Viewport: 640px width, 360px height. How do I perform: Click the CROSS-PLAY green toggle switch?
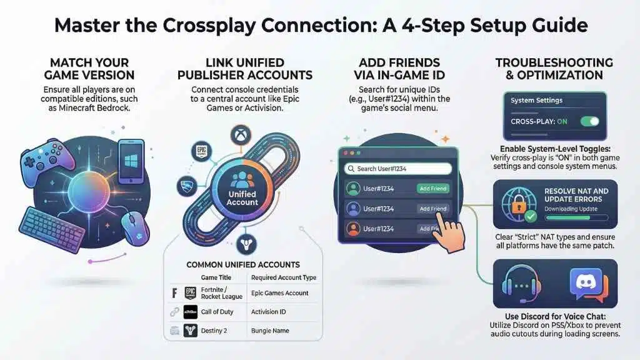590,121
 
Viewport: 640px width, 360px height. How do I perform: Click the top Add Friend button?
432,188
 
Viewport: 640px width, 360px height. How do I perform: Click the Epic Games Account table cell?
279,292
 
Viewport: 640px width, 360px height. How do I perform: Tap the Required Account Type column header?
283,277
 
